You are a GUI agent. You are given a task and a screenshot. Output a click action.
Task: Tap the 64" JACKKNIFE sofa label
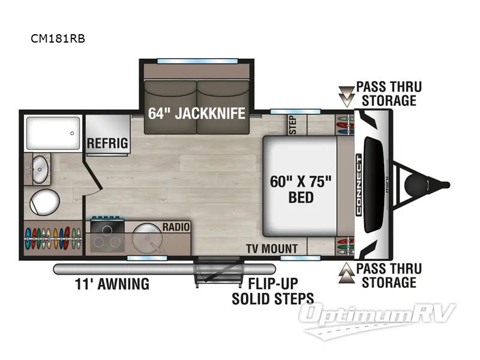tap(197, 112)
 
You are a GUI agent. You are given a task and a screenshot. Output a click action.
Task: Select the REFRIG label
tap(107, 143)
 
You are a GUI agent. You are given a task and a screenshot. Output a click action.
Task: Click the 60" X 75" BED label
tap(301, 188)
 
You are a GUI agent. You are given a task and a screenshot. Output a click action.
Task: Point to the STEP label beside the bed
tap(293, 124)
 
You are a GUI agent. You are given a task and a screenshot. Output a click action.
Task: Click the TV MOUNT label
tap(272, 248)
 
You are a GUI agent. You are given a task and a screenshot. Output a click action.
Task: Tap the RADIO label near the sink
tap(176, 227)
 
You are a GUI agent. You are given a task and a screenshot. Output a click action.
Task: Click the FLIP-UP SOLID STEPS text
tap(273, 290)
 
